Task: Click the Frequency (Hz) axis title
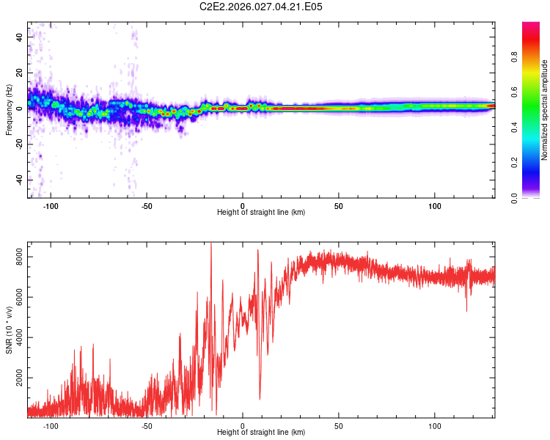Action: [x=9, y=110]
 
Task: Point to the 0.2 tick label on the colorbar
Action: [x=516, y=163]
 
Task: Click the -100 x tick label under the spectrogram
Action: [x=50, y=206]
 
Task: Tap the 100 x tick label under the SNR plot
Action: [x=435, y=426]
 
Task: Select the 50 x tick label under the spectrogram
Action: [x=339, y=206]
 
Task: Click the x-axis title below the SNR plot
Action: [x=262, y=433]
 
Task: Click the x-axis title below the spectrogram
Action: [x=262, y=213]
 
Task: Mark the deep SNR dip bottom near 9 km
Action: [x=260, y=399]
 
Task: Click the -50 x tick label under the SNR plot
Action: [x=146, y=426]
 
